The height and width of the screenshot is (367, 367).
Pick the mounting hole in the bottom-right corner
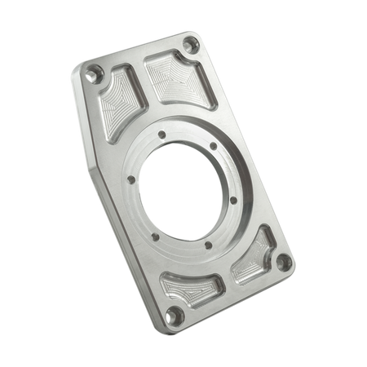[281, 263]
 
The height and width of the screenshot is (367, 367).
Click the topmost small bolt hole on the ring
[162, 135]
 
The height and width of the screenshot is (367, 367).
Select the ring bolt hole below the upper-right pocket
[214, 147]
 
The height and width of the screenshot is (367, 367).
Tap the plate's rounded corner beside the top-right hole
[198, 36]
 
